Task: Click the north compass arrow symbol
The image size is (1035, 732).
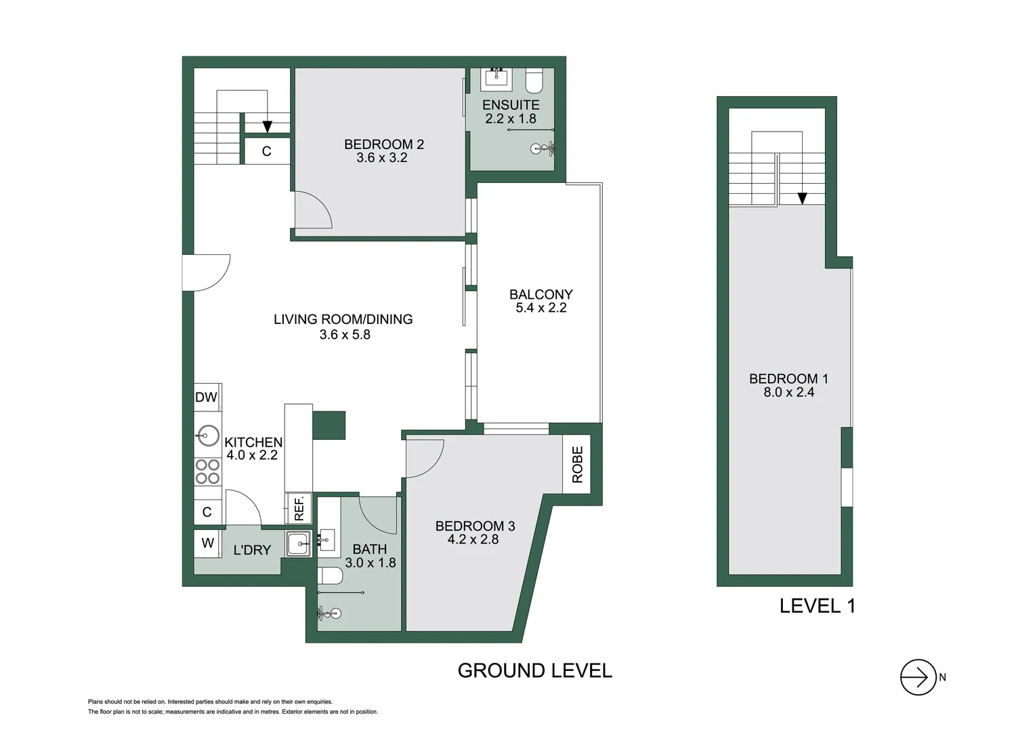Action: click(918, 677)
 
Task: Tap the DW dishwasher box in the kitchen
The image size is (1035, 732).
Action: click(207, 397)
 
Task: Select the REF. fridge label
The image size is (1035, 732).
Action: click(299, 508)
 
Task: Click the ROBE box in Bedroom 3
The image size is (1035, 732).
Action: click(576, 464)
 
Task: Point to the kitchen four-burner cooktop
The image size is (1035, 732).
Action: click(207, 471)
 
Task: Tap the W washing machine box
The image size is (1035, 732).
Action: click(207, 543)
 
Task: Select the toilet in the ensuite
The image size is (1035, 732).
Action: click(534, 81)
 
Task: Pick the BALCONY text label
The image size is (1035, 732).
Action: click(541, 294)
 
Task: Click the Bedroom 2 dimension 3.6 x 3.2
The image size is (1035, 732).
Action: click(382, 158)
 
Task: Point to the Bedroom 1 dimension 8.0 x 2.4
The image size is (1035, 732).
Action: click(788, 392)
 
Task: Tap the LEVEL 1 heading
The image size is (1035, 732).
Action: click(817, 606)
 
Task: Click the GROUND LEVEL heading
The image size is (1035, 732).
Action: click(534, 670)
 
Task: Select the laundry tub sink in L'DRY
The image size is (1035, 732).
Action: click(298, 544)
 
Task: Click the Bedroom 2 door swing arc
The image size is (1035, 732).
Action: click(314, 210)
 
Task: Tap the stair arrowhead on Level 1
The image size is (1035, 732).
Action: click(802, 199)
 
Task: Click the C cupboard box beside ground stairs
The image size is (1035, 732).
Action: click(267, 151)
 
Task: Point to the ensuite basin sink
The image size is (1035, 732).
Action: click(497, 79)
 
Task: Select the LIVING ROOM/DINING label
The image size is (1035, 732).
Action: click(343, 319)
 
